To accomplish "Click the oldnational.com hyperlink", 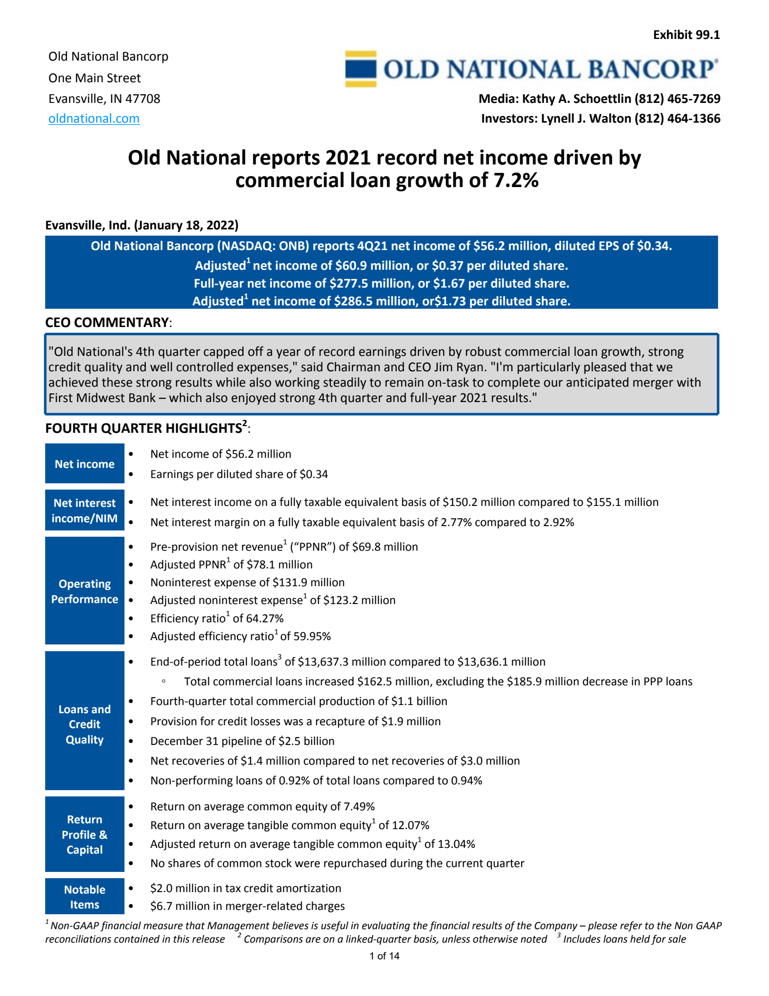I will coord(94,118).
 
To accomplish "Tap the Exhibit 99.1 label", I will coord(686,35).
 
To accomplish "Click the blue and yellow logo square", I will coord(360,69).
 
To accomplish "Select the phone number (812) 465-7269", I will coord(677,99).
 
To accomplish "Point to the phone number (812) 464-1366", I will coord(677,118).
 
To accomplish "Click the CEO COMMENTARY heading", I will coord(107,322).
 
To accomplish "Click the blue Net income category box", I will coord(85,464).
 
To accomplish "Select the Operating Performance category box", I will coord(85,591).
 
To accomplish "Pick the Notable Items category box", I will coord(85,897).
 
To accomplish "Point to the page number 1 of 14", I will coord(384,956).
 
